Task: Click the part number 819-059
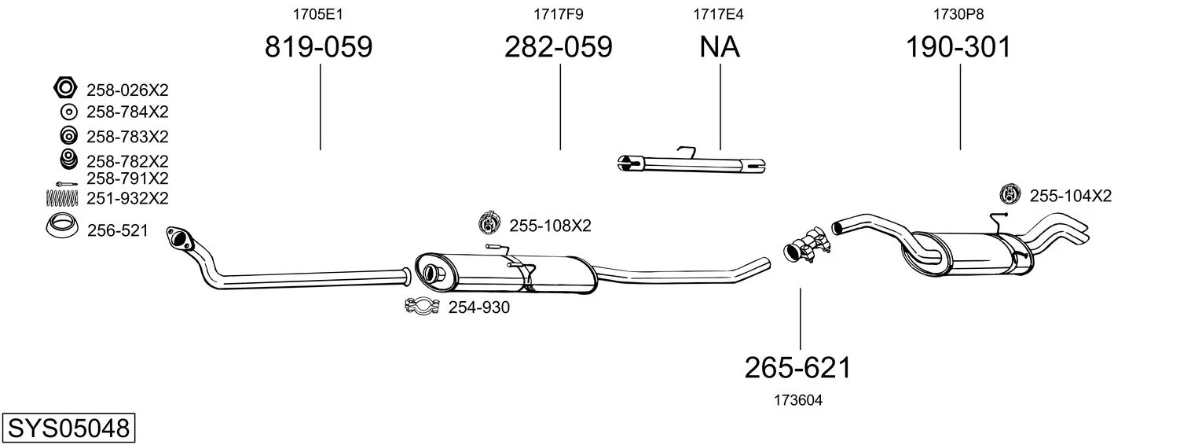point(318,48)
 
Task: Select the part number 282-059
point(559,48)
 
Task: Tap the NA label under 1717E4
point(720,48)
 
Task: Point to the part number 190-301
point(958,48)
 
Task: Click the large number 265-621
point(798,367)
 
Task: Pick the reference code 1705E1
point(318,14)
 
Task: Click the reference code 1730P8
point(958,14)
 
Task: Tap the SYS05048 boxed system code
point(68,429)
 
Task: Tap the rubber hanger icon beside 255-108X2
point(490,224)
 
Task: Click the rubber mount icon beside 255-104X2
point(1010,194)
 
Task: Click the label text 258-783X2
point(127,137)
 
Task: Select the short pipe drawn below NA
point(691,164)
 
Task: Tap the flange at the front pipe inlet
point(179,237)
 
